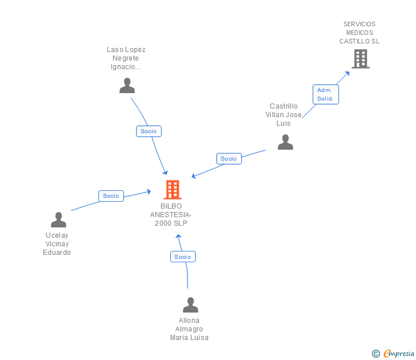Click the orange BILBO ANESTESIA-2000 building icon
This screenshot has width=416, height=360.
[172, 190]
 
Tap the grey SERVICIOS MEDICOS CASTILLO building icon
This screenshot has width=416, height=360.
[360, 59]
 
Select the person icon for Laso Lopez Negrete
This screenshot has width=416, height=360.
[127, 85]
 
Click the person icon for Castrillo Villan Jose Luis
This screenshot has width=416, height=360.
[285, 142]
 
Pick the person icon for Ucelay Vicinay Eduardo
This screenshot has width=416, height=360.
[58, 220]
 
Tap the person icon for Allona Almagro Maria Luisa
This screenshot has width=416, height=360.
[190, 305]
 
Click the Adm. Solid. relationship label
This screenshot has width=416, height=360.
[326, 94]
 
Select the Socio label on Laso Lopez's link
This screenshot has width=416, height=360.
[149, 131]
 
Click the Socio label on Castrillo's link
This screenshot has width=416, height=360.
[229, 159]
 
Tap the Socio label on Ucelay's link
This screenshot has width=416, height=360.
[111, 196]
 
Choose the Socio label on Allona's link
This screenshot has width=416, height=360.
[183, 257]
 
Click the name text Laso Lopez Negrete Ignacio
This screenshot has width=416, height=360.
[126, 58]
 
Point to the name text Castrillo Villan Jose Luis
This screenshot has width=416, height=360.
[284, 115]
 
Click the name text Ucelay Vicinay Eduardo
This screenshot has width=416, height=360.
[57, 244]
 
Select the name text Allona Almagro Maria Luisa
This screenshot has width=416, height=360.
[189, 329]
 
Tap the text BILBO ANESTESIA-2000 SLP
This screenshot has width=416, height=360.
[171, 214]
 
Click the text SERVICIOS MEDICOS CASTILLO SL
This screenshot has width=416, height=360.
[359, 33]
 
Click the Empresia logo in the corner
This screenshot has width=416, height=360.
[398, 353]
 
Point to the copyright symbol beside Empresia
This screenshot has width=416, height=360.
[375, 354]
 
